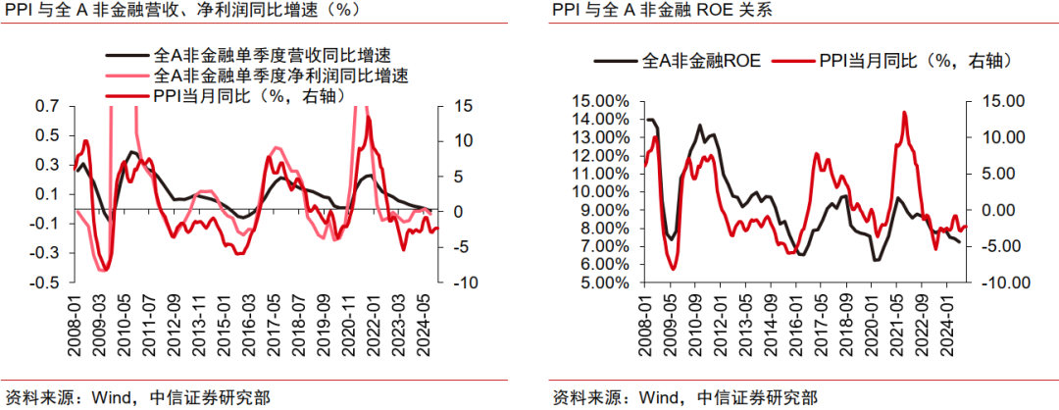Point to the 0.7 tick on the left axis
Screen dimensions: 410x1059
pos(45,106)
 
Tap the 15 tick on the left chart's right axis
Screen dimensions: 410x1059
pos(462,106)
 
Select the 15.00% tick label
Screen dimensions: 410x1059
pos(605,100)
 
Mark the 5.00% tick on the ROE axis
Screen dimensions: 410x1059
pos(608,282)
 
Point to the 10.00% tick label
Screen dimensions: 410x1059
pos(605,191)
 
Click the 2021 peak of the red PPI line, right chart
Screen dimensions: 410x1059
pos(902,113)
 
